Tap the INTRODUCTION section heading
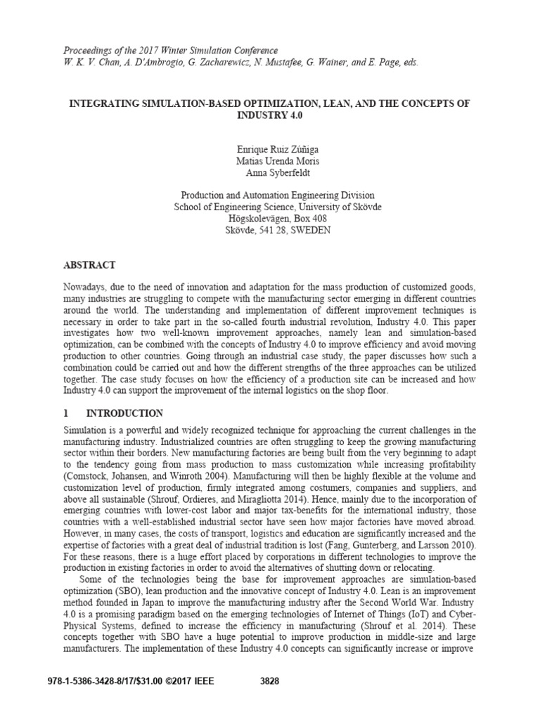click(122, 413)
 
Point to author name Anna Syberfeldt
click(274, 172)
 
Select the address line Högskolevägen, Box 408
click(274, 219)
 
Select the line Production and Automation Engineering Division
click(274, 195)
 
